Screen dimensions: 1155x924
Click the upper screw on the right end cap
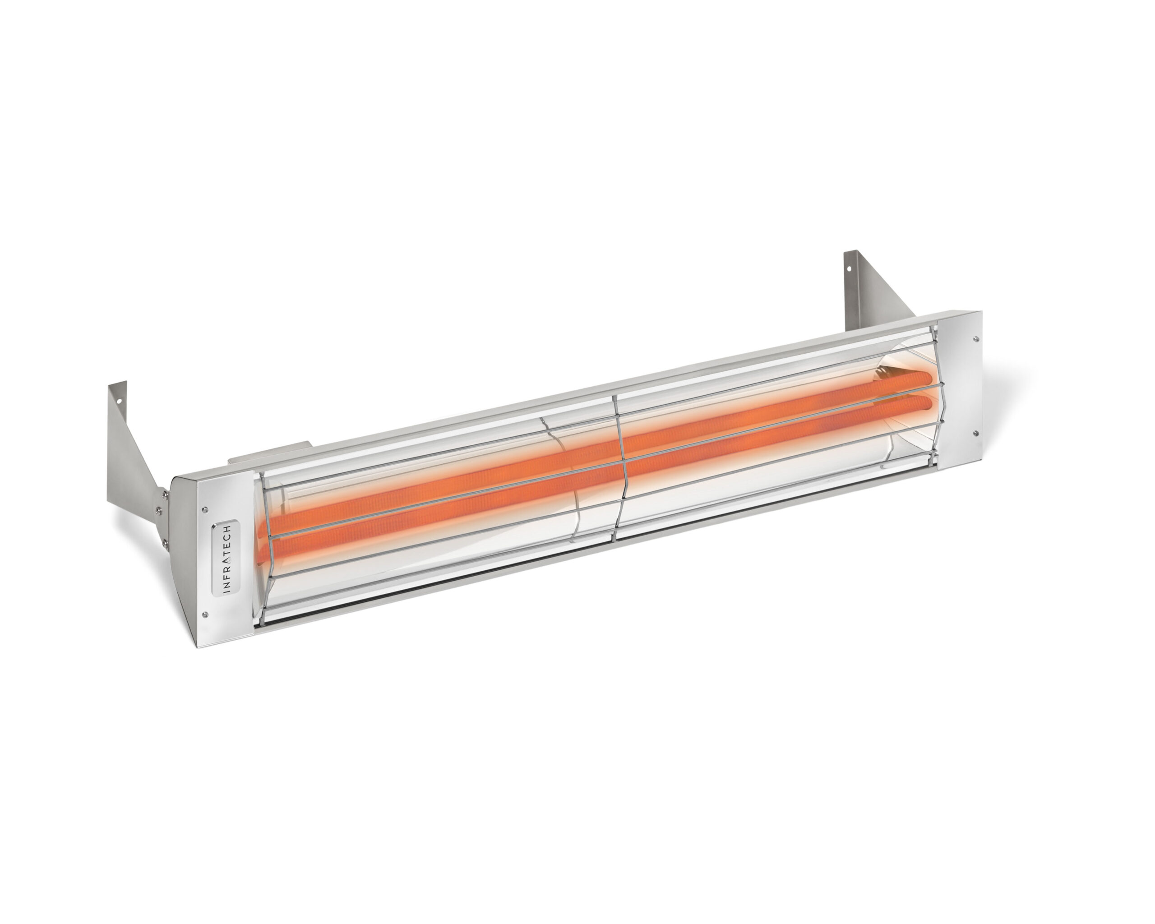pos(976,338)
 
